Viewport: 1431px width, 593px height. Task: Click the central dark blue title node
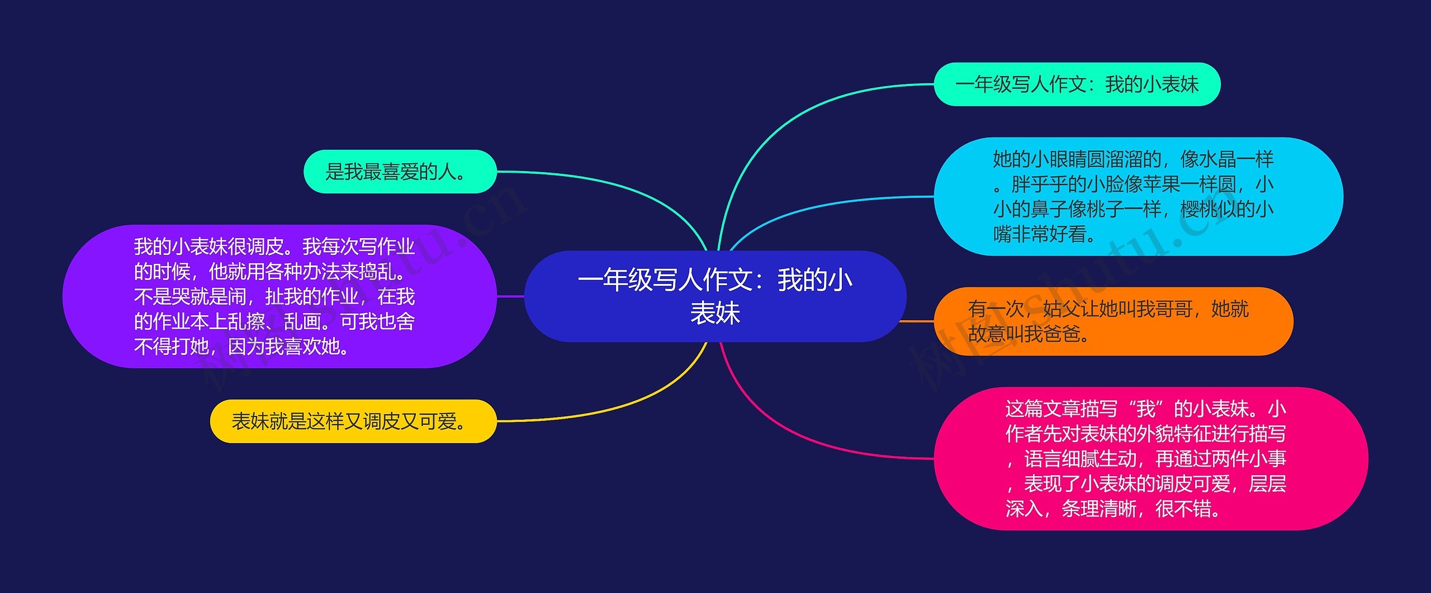click(x=715, y=296)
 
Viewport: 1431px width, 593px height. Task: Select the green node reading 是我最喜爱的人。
click(x=400, y=172)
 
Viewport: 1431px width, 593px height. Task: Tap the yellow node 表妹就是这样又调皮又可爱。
click(x=353, y=421)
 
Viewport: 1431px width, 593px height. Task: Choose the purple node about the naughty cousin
click(x=279, y=296)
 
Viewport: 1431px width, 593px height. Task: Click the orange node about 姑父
click(x=1113, y=321)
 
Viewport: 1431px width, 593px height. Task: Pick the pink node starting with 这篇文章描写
click(x=1150, y=458)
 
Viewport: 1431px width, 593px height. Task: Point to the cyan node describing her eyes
click(x=1138, y=196)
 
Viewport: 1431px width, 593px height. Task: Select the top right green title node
click(x=1077, y=84)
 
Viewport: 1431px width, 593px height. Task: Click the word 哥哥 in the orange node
click(x=1173, y=309)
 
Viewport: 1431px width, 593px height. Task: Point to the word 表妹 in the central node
click(x=715, y=312)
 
